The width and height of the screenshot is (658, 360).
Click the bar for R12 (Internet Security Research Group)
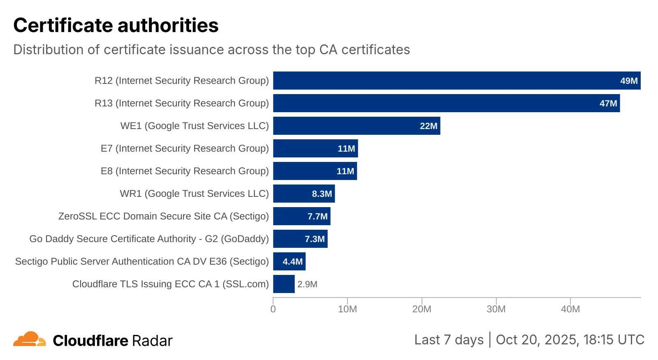(x=456, y=81)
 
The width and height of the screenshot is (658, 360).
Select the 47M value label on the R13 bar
(x=608, y=104)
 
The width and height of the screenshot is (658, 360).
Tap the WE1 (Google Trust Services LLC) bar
(x=356, y=126)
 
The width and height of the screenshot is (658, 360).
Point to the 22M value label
(x=428, y=126)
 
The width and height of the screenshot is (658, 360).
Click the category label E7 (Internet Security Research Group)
(x=185, y=148)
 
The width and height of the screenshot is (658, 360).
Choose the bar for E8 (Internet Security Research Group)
(x=315, y=171)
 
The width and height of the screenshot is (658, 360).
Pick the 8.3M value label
(x=322, y=194)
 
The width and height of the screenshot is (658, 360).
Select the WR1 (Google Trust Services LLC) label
(x=194, y=194)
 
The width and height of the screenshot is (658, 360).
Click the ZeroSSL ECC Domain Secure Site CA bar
(x=301, y=216)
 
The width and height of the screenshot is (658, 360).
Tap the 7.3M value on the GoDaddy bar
(x=315, y=239)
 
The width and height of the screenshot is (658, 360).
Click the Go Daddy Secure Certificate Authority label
(x=149, y=239)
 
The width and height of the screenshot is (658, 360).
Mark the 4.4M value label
(x=292, y=262)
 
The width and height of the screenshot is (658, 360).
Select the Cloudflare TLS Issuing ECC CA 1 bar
(x=284, y=284)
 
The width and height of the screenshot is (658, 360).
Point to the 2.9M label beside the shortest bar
(x=307, y=284)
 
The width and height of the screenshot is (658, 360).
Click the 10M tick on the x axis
(x=347, y=309)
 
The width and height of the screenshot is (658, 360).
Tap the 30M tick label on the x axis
(x=496, y=309)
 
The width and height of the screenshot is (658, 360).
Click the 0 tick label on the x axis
(x=273, y=309)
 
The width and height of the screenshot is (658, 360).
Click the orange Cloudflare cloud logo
(x=30, y=339)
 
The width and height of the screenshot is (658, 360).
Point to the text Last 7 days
(x=449, y=340)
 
